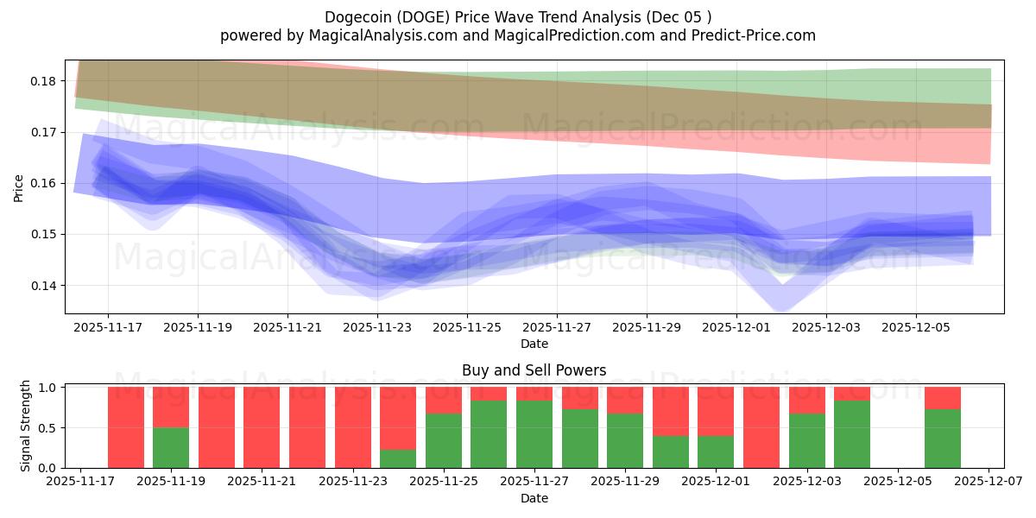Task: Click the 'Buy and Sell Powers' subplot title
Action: click(x=534, y=370)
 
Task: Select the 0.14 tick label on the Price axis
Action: click(x=43, y=286)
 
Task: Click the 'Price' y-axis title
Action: click(x=19, y=187)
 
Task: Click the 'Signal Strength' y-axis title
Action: click(x=26, y=426)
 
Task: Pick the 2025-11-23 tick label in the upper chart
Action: click(x=377, y=328)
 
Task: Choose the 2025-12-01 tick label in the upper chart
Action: click(x=736, y=328)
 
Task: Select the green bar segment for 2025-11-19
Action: click(x=171, y=447)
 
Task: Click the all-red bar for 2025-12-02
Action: click(x=761, y=427)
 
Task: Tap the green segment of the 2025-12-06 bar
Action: click(x=943, y=439)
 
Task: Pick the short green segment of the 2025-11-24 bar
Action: click(x=398, y=458)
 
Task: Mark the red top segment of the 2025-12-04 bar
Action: click(x=852, y=394)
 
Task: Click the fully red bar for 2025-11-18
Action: click(x=126, y=427)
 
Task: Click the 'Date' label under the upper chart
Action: click(x=534, y=344)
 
